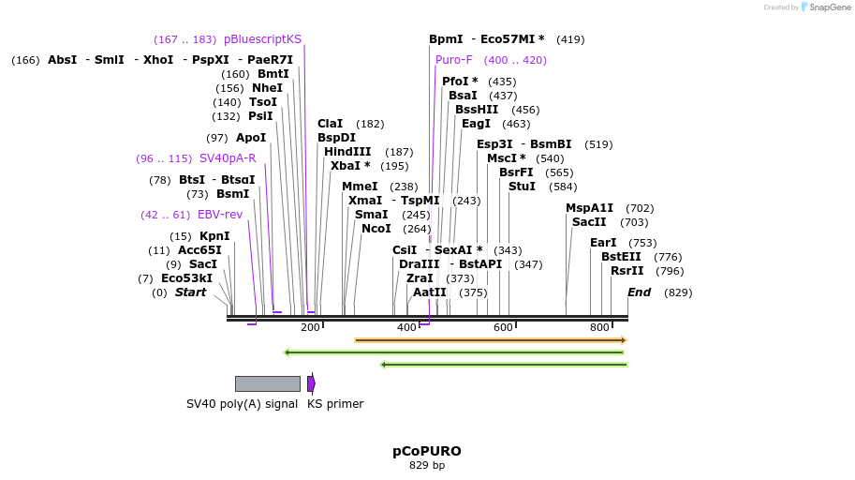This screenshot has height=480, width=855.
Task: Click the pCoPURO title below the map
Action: pyautogui.click(x=426, y=451)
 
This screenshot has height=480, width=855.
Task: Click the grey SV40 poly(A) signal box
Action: pyautogui.click(x=267, y=383)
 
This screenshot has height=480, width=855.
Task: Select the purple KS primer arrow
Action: pyautogui.click(x=311, y=383)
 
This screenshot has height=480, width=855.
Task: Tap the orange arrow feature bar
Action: pyautogui.click(x=490, y=340)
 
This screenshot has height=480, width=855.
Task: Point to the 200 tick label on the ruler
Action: pyautogui.click(x=310, y=327)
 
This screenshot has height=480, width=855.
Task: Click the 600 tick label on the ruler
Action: pyautogui.click(x=503, y=327)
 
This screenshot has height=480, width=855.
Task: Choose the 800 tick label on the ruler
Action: pyautogui.click(x=599, y=327)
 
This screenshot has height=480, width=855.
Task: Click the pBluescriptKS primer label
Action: pyautogui.click(x=262, y=39)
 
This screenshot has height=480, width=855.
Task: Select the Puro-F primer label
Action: pyautogui.click(x=454, y=60)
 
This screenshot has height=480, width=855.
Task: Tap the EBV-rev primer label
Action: pyautogui.click(x=220, y=215)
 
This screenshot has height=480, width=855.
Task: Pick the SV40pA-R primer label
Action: pyautogui.click(x=228, y=158)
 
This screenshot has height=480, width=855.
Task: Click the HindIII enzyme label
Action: pyautogui.click(x=347, y=152)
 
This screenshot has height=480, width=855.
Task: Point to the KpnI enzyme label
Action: pyautogui.click(x=214, y=236)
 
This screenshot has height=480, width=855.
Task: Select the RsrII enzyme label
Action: pyautogui.click(x=627, y=271)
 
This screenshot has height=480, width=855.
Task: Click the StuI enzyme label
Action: pyautogui.click(x=522, y=187)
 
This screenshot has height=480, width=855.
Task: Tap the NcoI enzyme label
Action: pyautogui.click(x=376, y=229)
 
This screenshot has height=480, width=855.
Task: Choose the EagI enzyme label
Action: pyautogui.click(x=476, y=124)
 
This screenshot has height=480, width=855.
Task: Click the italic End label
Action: pyautogui.click(x=639, y=292)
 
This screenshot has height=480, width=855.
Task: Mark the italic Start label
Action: pyautogui.click(x=190, y=292)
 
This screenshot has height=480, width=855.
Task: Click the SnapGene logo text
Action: pyautogui.click(x=824, y=7)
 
